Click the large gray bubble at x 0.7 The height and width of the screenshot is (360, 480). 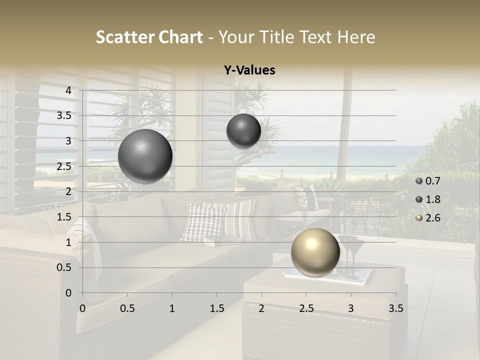tap(145, 156)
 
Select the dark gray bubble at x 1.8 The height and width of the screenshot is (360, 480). tap(243, 131)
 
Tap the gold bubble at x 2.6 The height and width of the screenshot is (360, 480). tap(315, 252)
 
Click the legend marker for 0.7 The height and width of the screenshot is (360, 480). tap(419, 181)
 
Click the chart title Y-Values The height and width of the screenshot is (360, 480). tap(249, 70)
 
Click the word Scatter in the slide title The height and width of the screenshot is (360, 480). tap(124, 37)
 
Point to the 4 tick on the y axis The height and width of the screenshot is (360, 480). tap(69, 90)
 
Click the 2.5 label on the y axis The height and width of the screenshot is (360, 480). tap(63, 166)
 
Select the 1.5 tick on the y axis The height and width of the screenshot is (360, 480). tap(63, 217)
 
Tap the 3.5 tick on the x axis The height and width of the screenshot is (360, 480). tap(395, 308)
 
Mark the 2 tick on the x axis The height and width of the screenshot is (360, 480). tap(261, 308)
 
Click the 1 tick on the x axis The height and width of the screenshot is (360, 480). tap(172, 308)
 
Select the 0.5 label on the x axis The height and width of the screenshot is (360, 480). tap(127, 308)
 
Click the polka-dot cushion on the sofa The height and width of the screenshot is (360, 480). tap(202, 221)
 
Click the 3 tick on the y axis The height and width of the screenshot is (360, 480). tap(69, 141)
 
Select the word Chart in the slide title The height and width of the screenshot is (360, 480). tap(180, 37)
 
